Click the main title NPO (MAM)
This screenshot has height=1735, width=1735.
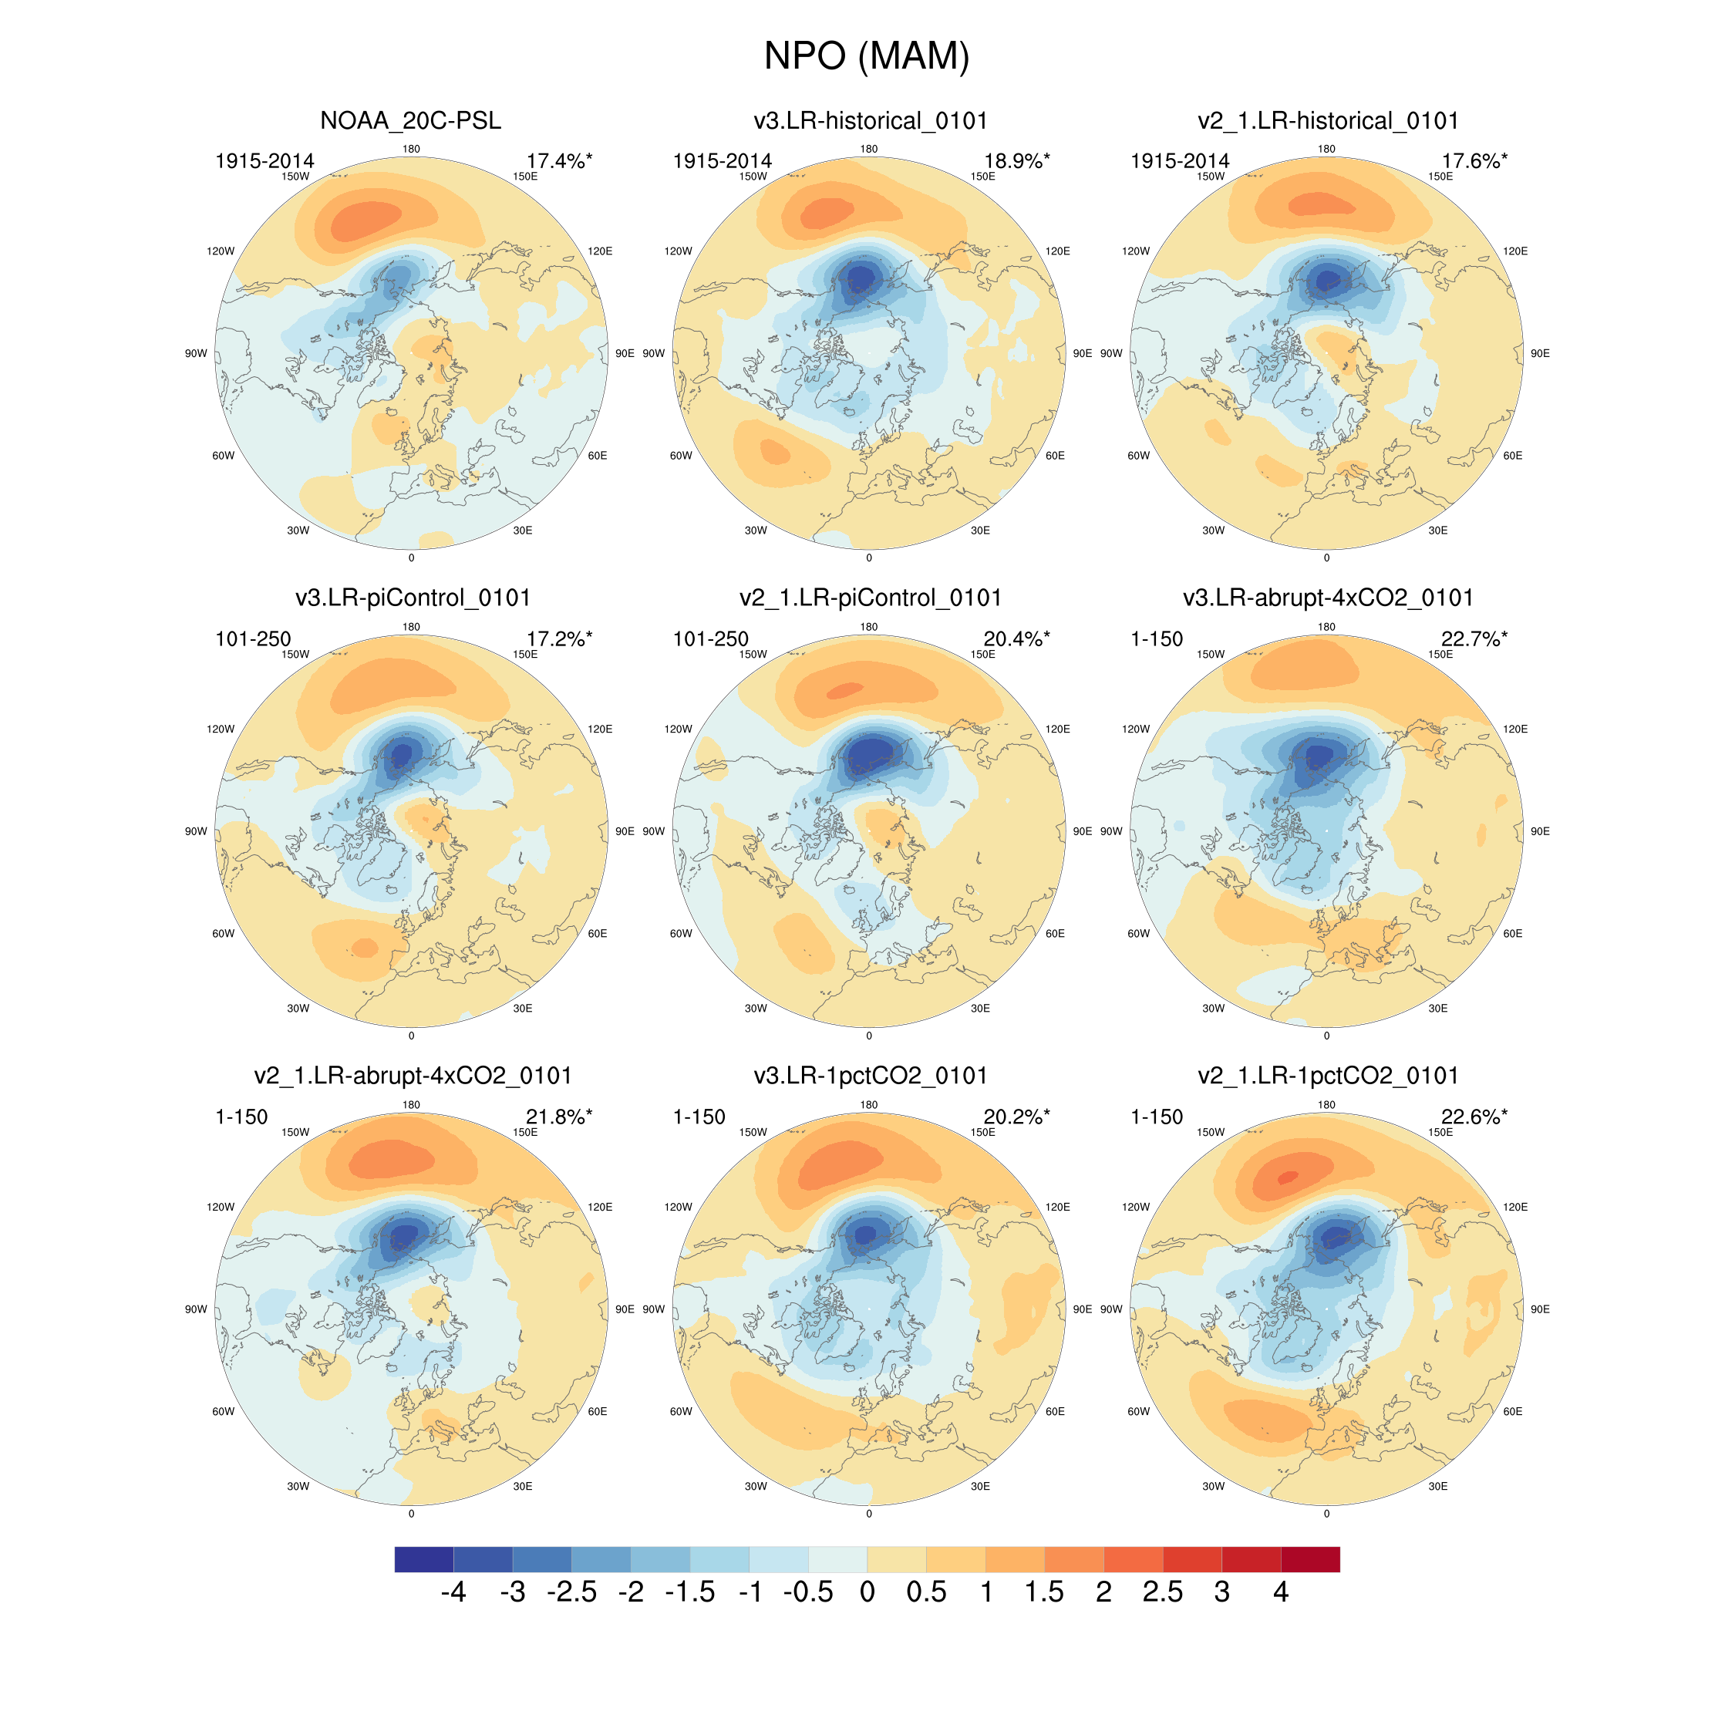click(x=867, y=56)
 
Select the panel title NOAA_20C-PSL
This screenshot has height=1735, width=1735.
click(x=410, y=120)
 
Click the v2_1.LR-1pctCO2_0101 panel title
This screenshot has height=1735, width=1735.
click(x=1327, y=1075)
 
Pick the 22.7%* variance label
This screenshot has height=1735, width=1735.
click(x=1474, y=638)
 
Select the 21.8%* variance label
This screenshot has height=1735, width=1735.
click(x=558, y=1117)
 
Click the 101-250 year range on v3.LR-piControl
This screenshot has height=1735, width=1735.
click(x=253, y=638)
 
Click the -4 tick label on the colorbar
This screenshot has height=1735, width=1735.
click(x=453, y=1592)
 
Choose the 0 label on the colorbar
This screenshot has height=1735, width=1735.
click(x=867, y=1592)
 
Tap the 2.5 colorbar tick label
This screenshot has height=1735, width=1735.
click(x=1162, y=1592)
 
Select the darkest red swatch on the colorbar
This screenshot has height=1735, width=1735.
click(x=1310, y=1559)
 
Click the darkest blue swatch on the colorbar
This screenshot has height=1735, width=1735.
click(x=424, y=1559)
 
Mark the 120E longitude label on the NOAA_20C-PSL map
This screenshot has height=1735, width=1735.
click(x=600, y=251)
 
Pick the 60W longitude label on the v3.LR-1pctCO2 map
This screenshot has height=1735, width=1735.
click(x=681, y=1412)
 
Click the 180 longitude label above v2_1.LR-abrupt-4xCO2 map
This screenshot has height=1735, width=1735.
click(x=411, y=1104)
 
